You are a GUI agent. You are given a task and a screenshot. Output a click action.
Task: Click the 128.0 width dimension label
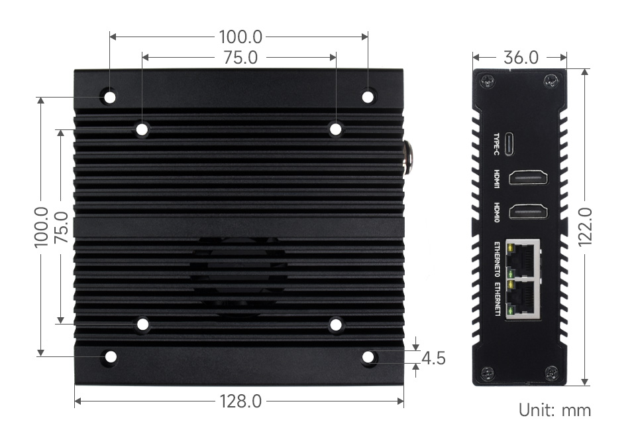coord(240,402)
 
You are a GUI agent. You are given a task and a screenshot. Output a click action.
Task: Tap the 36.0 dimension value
coord(521,57)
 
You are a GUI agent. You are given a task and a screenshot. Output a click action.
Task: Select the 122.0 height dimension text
coord(585,227)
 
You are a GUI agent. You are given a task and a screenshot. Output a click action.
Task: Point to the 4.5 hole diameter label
coord(433,358)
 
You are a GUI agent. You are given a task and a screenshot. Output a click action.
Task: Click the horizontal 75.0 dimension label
coord(240,57)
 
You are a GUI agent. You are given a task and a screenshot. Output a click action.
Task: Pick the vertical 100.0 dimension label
coord(41,227)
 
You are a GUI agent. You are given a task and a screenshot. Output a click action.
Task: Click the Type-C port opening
coord(509,144)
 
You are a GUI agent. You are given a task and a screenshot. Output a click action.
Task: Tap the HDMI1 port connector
coord(529,179)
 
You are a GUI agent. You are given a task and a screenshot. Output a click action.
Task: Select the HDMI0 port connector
coord(529,212)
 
